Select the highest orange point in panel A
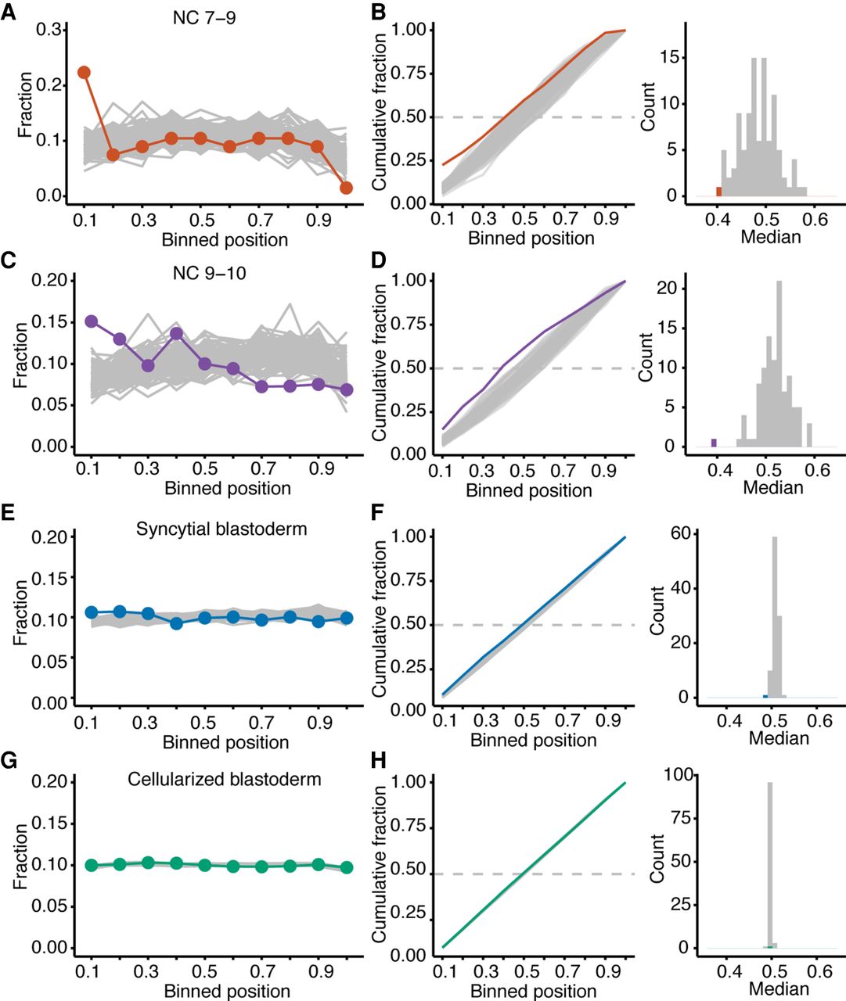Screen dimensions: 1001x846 click(x=84, y=73)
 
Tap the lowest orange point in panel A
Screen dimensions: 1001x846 click(x=347, y=188)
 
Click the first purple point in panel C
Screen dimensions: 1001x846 click(x=92, y=321)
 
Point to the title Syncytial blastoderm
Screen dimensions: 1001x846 click(x=221, y=529)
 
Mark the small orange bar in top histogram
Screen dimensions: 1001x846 click(x=718, y=192)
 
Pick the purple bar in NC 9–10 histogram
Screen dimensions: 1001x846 click(x=714, y=443)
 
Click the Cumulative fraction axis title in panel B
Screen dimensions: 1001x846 click(x=380, y=117)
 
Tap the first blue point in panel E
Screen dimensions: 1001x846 click(x=92, y=612)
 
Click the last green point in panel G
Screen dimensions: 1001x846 click(x=347, y=867)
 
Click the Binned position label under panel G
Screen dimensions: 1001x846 click(x=227, y=991)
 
